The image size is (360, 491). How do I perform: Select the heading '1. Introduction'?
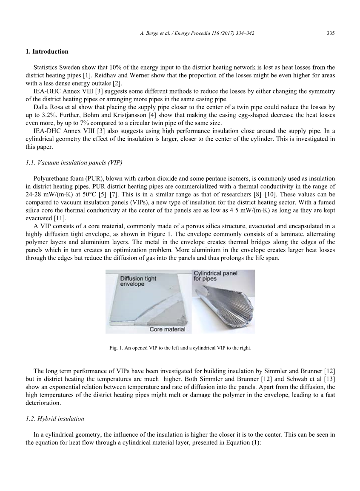[x=47, y=52]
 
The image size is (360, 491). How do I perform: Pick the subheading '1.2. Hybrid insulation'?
[x=55, y=419]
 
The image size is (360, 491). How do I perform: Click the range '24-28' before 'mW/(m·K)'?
[x=33, y=194]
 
